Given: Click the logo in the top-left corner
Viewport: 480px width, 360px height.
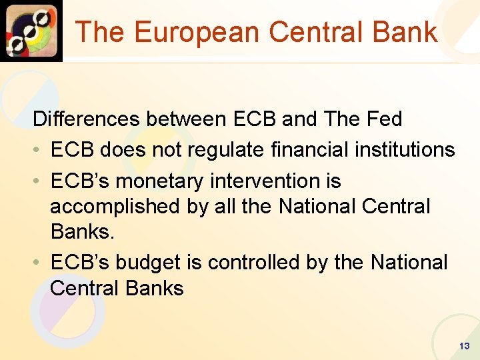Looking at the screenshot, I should point(31,31).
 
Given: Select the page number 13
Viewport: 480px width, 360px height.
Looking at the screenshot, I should point(464,346).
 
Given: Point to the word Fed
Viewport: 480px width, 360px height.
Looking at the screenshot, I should point(385,119).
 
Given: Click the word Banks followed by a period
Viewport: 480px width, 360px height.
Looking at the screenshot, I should point(81,232).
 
